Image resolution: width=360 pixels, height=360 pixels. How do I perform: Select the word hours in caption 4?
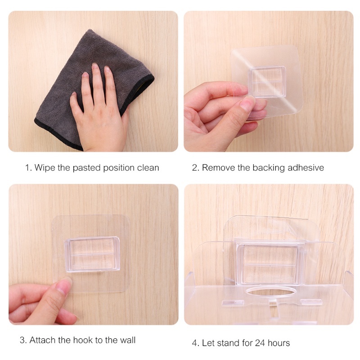point(279,343)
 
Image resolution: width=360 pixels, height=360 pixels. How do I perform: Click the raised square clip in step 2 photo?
point(267,82)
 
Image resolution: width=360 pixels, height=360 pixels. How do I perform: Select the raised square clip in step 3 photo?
point(92,254)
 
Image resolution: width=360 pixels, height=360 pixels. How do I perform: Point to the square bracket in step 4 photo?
point(270,263)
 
